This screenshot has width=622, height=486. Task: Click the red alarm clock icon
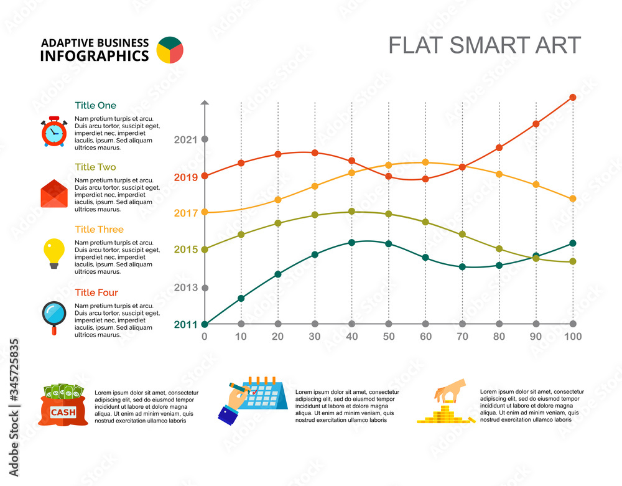(x=53, y=131)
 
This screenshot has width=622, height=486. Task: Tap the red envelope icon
(x=53, y=194)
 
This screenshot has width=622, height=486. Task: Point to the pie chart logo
(x=170, y=50)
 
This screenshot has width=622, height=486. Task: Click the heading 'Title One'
(x=95, y=106)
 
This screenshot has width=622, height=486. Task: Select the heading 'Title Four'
(x=96, y=292)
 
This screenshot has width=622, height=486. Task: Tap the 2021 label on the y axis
(x=185, y=140)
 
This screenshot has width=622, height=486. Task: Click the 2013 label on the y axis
(x=185, y=287)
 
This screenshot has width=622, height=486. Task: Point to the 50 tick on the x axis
(x=388, y=337)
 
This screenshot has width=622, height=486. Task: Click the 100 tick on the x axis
(x=572, y=337)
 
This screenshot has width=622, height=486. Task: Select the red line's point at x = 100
(x=572, y=97)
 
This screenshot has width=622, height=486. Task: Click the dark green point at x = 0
(x=205, y=324)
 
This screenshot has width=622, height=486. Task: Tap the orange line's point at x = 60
(x=425, y=162)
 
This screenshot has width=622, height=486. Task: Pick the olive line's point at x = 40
(x=351, y=212)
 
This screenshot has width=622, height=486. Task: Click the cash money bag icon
(x=63, y=404)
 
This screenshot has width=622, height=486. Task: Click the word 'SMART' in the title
(x=486, y=45)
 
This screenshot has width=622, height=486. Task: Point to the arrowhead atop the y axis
(x=205, y=102)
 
